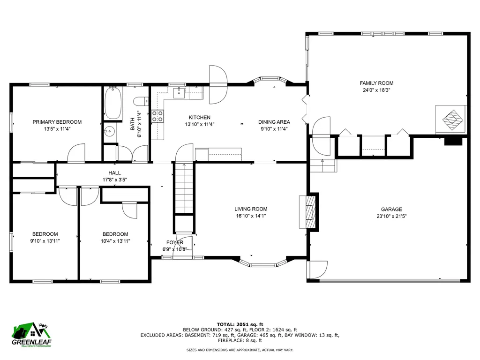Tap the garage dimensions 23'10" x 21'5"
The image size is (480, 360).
coord(391,217)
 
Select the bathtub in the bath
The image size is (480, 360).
coord(113,104)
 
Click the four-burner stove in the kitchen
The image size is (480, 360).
coord(157,116)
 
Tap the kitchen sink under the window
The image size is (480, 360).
coord(178,93)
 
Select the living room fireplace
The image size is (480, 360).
coord(307,211)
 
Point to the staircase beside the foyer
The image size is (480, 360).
coord(184,187)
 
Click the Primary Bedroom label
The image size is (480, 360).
coord(57,122)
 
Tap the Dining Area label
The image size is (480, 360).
coord(274,122)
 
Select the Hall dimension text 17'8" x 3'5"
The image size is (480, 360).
coord(114,180)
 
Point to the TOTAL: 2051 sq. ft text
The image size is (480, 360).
coord(240,324)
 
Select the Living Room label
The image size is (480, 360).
coord(251,209)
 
